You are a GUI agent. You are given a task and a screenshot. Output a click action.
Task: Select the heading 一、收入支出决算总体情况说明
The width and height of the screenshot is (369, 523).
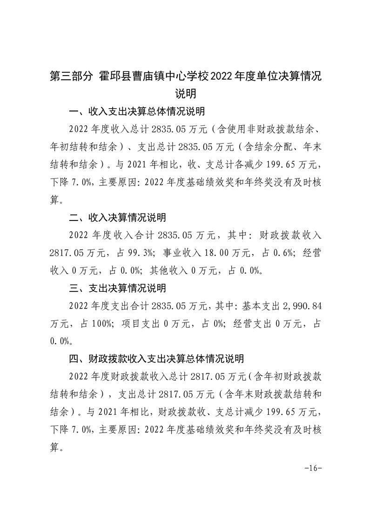(137, 112)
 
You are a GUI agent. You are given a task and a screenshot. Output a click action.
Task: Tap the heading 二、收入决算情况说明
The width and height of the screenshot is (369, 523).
(117, 218)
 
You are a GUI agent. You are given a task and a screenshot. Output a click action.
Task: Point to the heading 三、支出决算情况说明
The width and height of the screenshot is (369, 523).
(117, 289)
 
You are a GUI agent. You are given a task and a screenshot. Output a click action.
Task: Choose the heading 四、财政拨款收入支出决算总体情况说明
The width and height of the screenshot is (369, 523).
(156, 359)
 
